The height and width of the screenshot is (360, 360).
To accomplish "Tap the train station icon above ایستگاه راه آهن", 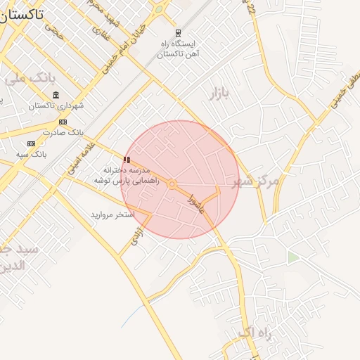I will pyautogui.click(x=178, y=32).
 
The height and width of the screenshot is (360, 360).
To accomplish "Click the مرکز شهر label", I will pyautogui.click(x=255, y=181).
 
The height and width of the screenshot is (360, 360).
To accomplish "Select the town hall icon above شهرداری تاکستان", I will pyautogui.click(x=56, y=95).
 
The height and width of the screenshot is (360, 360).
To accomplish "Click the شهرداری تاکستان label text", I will pyautogui.click(x=56, y=105).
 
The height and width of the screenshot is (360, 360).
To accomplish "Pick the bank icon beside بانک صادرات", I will pyautogui.click(x=63, y=122).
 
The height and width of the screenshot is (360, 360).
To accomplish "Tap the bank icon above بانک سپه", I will pyautogui.click(x=31, y=143).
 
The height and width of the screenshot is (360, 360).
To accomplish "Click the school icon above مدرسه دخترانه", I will pyautogui.click(x=127, y=160).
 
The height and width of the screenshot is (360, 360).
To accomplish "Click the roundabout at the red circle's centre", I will pyautogui.click(x=172, y=184).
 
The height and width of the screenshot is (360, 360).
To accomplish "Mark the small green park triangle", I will pyautogui.click(x=292, y=257).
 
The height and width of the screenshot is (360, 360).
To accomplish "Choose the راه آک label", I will pyautogui.click(x=254, y=332).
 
